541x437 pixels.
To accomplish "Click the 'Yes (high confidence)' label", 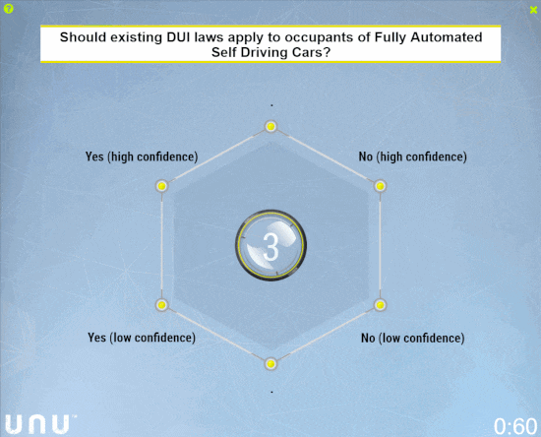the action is click(x=142, y=156).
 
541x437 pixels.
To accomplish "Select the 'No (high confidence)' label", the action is click(x=413, y=156).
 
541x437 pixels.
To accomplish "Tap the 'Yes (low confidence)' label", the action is click(x=142, y=338).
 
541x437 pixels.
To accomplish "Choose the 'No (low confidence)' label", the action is click(x=413, y=338).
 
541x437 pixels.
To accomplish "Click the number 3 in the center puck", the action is click(x=270, y=246).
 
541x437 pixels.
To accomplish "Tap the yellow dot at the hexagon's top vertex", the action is click(x=270, y=126).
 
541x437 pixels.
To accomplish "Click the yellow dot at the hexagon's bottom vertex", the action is click(x=270, y=364).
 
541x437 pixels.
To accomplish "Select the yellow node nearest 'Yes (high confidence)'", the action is click(x=162, y=186).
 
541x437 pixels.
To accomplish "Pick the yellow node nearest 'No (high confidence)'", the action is click(x=381, y=186).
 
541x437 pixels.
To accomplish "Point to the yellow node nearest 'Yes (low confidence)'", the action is click(x=161, y=305).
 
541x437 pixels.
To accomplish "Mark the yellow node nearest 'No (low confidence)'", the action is click(x=381, y=305).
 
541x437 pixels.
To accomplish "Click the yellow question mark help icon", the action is click(x=9, y=9).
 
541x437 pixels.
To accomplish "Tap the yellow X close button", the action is click(x=533, y=10).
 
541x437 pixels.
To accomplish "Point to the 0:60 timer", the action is click(x=515, y=426).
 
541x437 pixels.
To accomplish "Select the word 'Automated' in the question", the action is click(x=447, y=37).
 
